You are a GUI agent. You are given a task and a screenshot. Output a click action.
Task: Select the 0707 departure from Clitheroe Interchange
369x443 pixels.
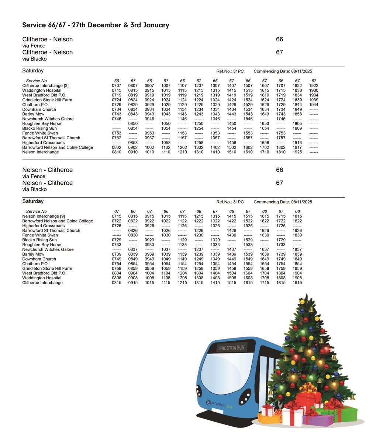coord(117,86)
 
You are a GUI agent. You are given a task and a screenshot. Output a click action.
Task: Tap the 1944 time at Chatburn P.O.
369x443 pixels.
coord(314,105)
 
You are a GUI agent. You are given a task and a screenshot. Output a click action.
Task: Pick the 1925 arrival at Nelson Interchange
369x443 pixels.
coord(297,152)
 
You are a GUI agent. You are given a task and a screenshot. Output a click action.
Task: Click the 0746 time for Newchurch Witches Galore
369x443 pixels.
coord(117,119)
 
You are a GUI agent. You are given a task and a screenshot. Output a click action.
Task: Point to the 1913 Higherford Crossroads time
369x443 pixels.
coord(297,143)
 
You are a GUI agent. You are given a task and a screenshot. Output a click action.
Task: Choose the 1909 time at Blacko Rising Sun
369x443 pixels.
coord(297,129)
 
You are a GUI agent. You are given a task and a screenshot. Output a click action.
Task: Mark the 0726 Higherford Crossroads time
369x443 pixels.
coord(117,226)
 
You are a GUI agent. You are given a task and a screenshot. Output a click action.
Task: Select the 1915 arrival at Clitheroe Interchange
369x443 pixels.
coord(297,283)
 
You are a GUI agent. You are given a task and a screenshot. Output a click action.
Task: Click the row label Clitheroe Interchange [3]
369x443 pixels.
coord(45,86)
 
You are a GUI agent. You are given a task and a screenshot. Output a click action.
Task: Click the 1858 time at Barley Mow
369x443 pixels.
coord(297,114)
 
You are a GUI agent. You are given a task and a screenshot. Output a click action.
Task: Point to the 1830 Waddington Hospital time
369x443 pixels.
coord(297,91)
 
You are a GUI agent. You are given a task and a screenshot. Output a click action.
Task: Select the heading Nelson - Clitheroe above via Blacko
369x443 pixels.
coord(48,183)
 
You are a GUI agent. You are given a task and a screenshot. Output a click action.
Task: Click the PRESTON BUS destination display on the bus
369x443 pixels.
coord(231,348)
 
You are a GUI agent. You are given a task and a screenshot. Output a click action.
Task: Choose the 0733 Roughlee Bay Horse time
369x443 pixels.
coord(117,245)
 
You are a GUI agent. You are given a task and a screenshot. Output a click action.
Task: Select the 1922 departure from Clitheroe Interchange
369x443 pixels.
coord(314,86)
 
